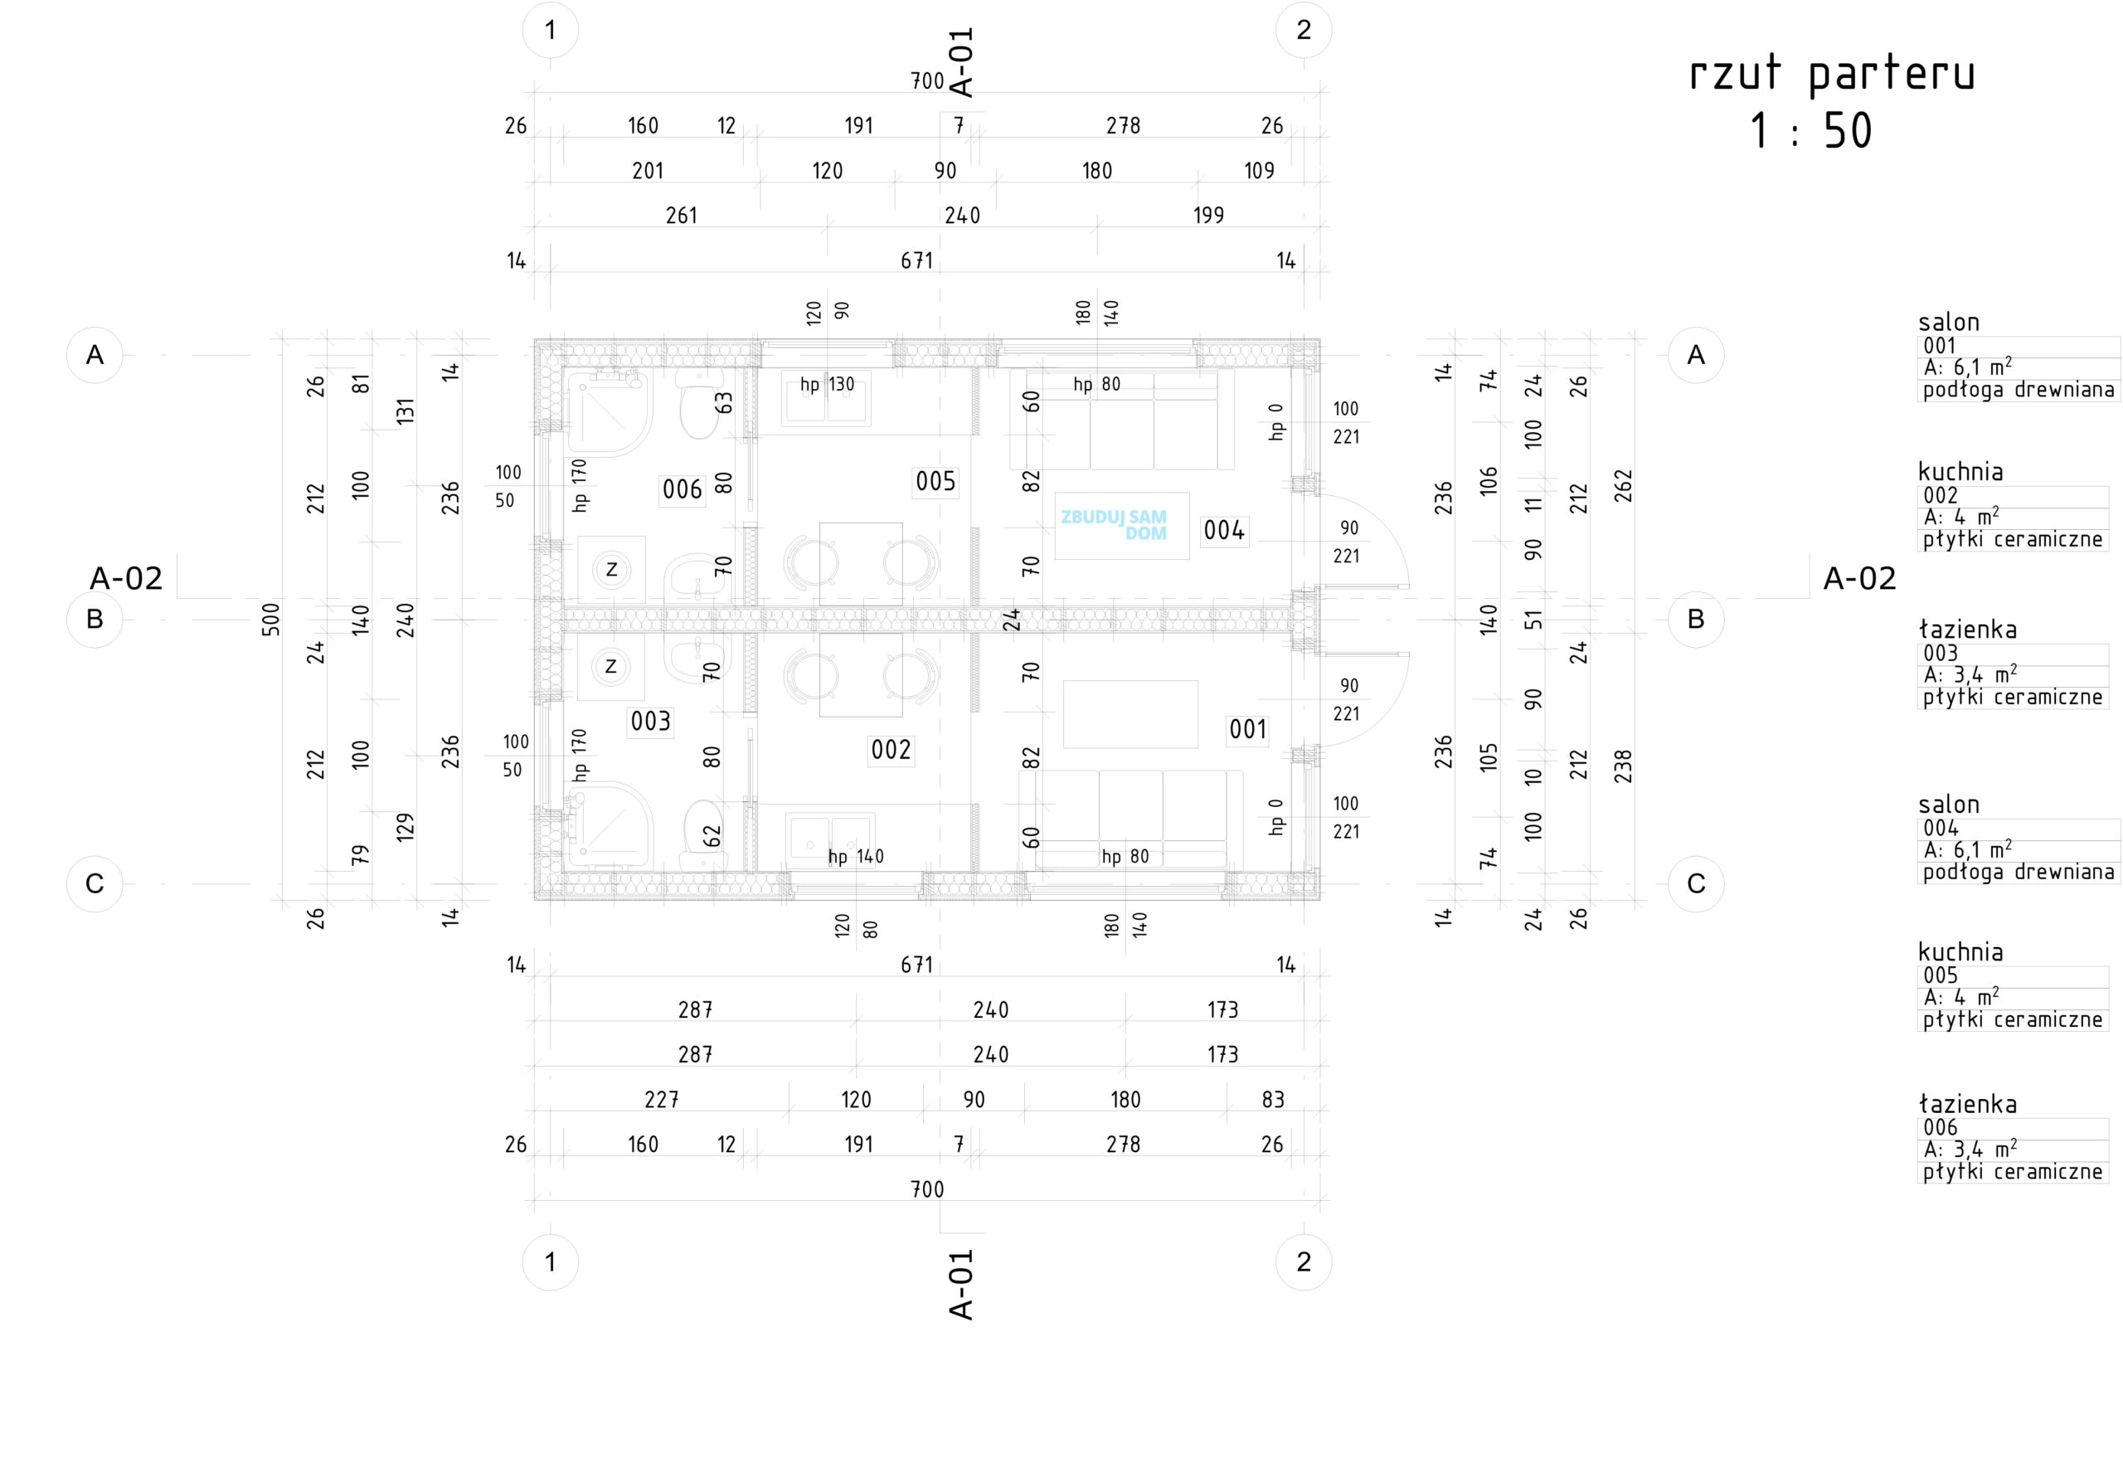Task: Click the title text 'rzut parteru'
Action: [x=1831, y=74]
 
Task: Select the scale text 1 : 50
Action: [x=1810, y=131]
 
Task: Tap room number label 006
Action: [x=683, y=489]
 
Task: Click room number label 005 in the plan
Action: [x=935, y=481]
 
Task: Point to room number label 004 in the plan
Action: [x=1223, y=530]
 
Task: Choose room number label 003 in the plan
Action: [x=650, y=721]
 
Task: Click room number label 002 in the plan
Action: [x=891, y=750]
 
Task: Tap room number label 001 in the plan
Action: [x=1247, y=730]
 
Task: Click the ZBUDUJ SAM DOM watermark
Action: [x=1115, y=524]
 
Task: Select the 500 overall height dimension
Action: [x=270, y=619]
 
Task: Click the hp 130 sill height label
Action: [x=827, y=385]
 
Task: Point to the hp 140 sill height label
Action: [x=855, y=857]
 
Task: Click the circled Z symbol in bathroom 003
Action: [x=610, y=667]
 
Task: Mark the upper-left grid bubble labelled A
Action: [x=95, y=355]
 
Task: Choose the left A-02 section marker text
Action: [x=126, y=579]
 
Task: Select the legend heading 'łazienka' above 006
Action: [x=1967, y=1104]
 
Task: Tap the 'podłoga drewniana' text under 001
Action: [x=2018, y=390]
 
